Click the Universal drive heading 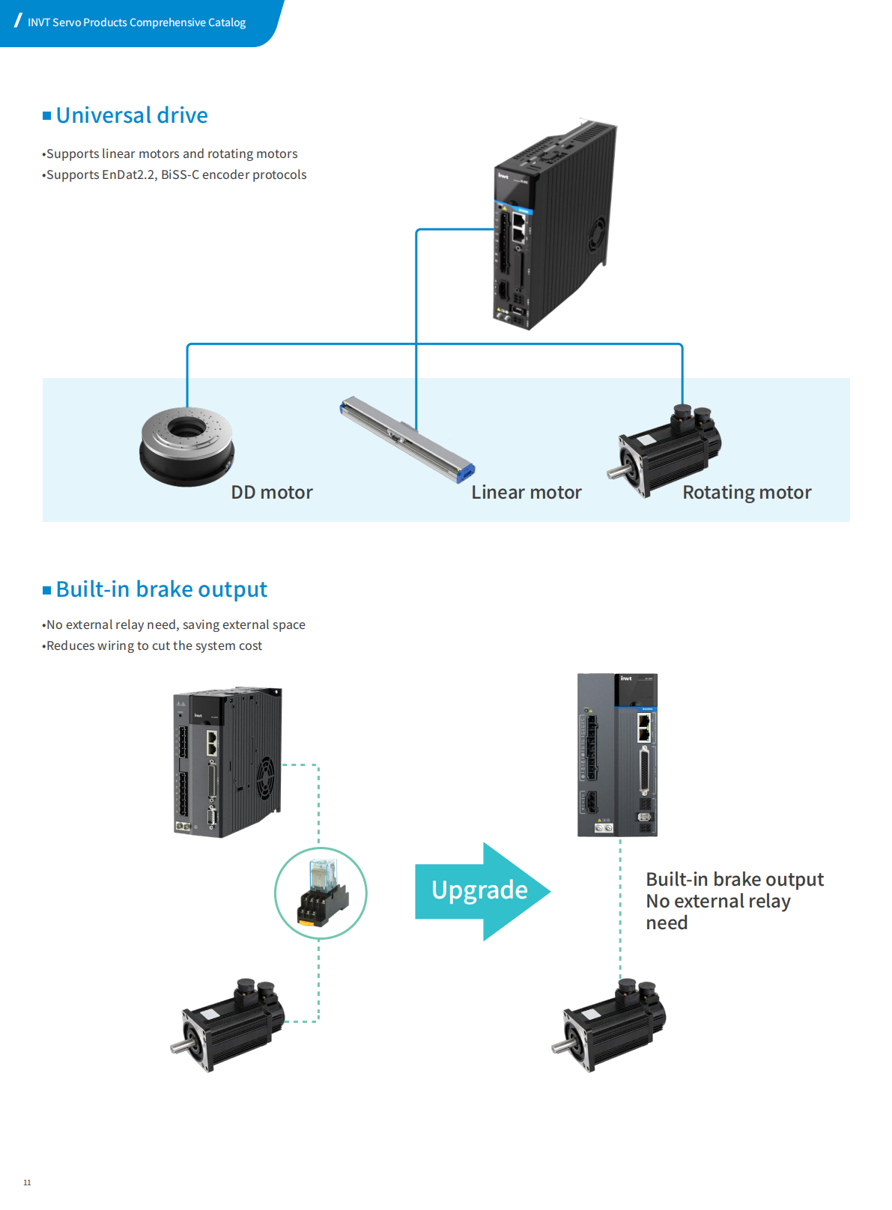pos(132,115)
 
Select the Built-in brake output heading pos(161,589)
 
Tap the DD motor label pos(272,492)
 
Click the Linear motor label pos(526,492)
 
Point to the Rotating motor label pos(747,492)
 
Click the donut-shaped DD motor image pos(186,446)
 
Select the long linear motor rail pos(407,439)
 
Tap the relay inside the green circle pos(321,893)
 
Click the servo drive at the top pos(554,225)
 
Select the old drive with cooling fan pos(227,761)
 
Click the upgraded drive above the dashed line pos(617,755)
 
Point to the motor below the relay pos(228,1024)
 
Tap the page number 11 pos(27,1182)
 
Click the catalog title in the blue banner pos(136,22)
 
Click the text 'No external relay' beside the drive pos(717,901)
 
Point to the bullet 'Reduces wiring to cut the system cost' pos(154,645)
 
